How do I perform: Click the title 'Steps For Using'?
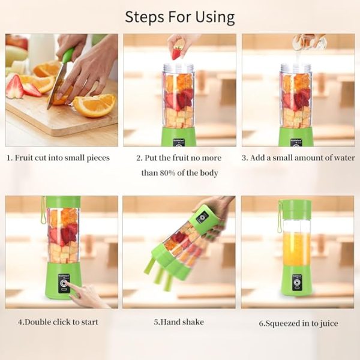(x=180, y=16)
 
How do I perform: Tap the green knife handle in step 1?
(x=67, y=56)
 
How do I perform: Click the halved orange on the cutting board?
(x=95, y=104)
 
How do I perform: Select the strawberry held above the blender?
(x=177, y=52)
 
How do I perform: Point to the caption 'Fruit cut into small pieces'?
(x=58, y=158)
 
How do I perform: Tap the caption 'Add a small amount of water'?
(x=297, y=158)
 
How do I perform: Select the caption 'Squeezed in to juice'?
(x=298, y=323)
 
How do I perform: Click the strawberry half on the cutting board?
(x=14, y=87)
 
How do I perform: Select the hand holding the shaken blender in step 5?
(x=217, y=207)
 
